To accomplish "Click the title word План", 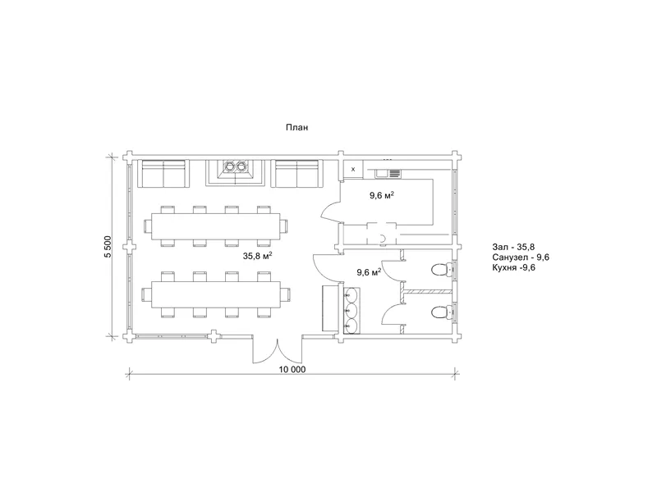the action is tap(296, 127).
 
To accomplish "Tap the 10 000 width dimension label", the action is tap(292, 370).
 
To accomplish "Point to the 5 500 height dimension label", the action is tap(108, 247).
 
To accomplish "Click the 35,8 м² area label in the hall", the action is tap(258, 256).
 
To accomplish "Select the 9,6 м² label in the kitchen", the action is tap(381, 195).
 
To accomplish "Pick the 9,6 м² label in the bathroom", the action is tap(369, 272).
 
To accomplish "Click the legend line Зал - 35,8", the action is tap(513, 247).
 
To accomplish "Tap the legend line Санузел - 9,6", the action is tap(521, 257).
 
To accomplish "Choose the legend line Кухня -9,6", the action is tap(514, 267).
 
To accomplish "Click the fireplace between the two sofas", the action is tap(235, 172).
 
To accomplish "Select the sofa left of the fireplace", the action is tap(163, 173).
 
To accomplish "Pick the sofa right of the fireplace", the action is tap(297, 173).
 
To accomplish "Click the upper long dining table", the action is tap(216, 226).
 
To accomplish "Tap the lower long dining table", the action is tap(216, 295).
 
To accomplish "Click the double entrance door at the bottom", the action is tap(277, 349).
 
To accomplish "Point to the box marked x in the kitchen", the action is tap(353, 170).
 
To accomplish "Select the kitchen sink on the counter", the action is tap(388, 173).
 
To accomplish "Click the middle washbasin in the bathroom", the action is tap(351, 311).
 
